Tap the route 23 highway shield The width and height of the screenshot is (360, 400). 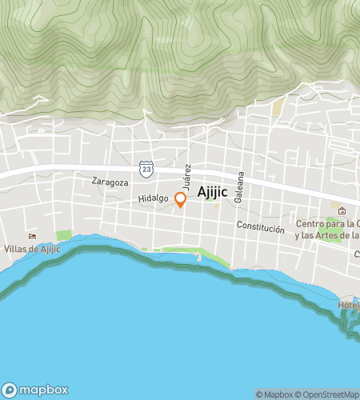click(146, 168)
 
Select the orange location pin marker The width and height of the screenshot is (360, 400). click(181, 200)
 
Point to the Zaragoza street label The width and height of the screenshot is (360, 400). click(110, 182)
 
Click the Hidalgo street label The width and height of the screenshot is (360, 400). click(154, 198)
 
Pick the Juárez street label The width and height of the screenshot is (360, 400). click(188, 177)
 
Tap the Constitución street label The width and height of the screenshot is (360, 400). click(260, 228)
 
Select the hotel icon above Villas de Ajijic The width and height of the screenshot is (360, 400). click(32, 235)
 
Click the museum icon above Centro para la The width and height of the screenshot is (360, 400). click(342, 211)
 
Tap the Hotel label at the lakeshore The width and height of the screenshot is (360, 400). click(348, 305)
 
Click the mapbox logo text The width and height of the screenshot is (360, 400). click(38, 390)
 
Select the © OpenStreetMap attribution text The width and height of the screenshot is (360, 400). click(327, 394)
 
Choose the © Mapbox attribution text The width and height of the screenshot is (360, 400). click(274, 394)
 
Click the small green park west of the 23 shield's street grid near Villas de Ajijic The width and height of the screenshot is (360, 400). click(63, 235)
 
